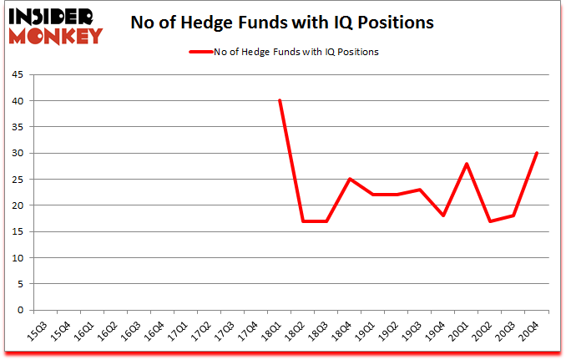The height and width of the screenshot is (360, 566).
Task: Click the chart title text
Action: point(282,23)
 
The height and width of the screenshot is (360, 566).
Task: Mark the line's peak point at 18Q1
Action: point(280,101)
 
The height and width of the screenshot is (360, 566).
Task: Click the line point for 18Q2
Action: point(303,221)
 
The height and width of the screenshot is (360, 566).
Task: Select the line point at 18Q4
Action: point(350,180)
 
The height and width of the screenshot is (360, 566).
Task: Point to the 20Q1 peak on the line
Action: point(467,164)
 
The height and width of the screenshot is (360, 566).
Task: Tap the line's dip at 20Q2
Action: point(490,221)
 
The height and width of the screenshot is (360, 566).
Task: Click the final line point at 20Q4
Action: point(537,153)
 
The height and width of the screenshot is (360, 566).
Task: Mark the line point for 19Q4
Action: point(443,215)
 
